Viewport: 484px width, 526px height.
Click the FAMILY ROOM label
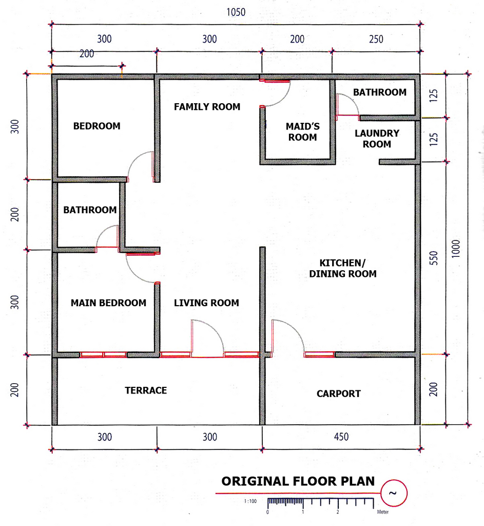pos(207,107)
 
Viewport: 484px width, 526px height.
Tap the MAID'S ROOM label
pos(303,132)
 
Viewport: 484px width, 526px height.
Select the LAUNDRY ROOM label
pos(377,139)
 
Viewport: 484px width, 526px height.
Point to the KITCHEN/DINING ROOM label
pos(342,268)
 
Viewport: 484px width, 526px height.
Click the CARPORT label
pos(339,393)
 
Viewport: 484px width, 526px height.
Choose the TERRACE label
pos(146,390)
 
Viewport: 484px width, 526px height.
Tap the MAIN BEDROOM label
pos(108,303)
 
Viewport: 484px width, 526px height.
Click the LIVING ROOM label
pos(206,303)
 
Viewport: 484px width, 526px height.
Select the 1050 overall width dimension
pos(236,12)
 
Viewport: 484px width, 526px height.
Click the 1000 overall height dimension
pos(456,249)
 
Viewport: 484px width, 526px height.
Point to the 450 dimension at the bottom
pos(341,437)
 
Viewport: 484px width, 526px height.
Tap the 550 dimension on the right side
pos(434,258)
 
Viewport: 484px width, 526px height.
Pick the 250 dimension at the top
pos(376,39)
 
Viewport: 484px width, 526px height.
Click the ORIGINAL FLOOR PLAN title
pos(298,481)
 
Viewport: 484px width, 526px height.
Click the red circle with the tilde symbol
pos(394,493)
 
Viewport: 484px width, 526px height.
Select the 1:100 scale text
pos(250,501)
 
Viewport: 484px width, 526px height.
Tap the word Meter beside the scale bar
pos(383,512)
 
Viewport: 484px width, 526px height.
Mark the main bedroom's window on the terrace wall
pos(103,354)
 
